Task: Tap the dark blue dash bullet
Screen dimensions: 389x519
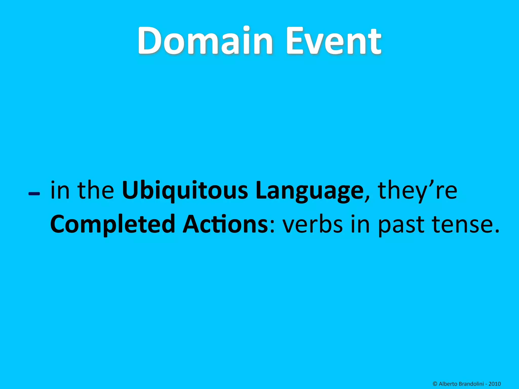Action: point(34,194)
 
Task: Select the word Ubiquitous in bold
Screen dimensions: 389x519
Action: point(185,190)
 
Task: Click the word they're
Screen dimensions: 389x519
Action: point(417,190)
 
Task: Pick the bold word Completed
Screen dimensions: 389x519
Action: point(113,224)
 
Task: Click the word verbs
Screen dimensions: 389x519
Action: point(313,224)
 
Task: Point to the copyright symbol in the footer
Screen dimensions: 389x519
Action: point(435,384)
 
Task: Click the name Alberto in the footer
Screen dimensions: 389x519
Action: point(448,384)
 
